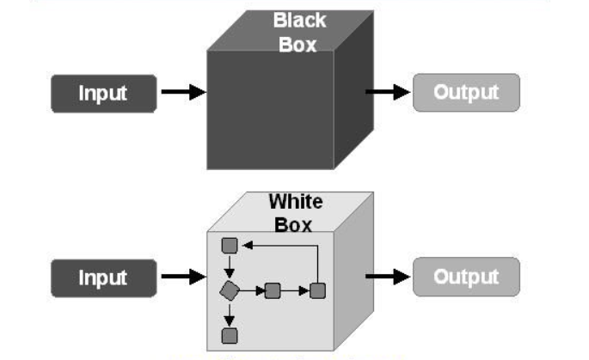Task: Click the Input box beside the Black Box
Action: (103, 94)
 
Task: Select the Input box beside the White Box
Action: (103, 278)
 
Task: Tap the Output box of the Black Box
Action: (466, 93)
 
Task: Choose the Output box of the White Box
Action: (466, 277)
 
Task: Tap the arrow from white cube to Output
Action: (387, 277)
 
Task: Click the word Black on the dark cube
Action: (299, 20)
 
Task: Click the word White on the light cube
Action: (296, 203)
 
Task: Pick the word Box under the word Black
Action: (298, 44)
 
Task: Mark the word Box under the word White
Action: (295, 225)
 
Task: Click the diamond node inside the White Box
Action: (230, 290)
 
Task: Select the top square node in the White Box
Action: (230, 246)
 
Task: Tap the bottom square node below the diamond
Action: (230, 335)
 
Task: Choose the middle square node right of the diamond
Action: (273, 290)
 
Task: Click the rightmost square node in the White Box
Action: (317, 290)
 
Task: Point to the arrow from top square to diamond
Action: (230, 268)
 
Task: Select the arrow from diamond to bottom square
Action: (230, 314)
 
